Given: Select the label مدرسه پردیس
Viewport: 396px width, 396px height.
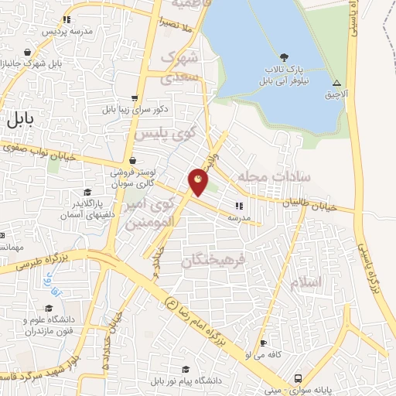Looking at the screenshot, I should point(71,32).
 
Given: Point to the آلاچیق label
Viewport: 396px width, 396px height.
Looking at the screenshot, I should point(337,94).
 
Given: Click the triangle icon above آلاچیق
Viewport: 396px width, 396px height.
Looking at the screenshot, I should point(336,82).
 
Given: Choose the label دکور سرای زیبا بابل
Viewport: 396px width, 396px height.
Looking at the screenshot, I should point(135,110).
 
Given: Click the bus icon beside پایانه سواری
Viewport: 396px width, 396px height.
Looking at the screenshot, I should point(298,378).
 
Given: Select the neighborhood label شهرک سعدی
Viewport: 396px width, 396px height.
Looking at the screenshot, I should point(180,68).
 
